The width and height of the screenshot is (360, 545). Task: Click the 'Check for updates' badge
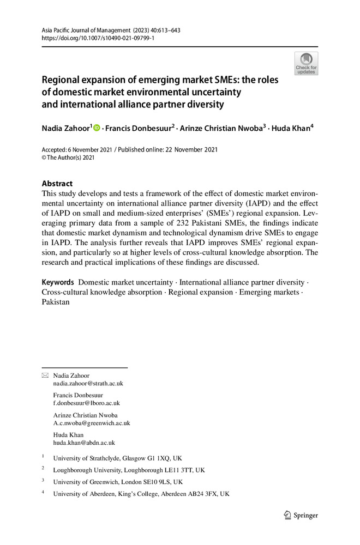[306, 63]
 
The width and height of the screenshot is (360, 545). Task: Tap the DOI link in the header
[98, 39]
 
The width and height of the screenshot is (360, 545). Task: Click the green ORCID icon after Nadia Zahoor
[97, 128]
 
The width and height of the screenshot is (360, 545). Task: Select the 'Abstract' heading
[57, 184]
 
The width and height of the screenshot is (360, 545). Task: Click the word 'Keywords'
[58, 282]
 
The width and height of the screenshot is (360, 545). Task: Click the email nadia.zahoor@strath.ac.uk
[88, 383]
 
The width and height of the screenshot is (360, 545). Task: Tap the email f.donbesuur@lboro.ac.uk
[86, 403]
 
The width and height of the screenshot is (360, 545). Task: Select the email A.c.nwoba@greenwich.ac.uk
[91, 422]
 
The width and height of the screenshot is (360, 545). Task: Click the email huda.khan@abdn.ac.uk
[84, 443]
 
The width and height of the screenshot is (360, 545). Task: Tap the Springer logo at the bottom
[301, 515]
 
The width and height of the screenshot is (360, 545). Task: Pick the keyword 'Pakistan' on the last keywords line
[56, 302]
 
